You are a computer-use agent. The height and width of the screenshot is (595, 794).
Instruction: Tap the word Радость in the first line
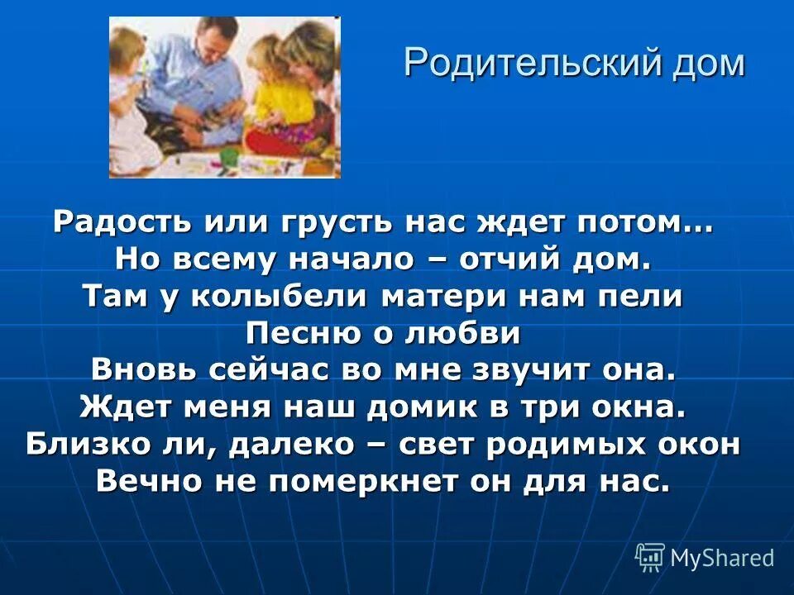112,223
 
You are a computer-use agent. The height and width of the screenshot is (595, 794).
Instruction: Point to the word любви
472,334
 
